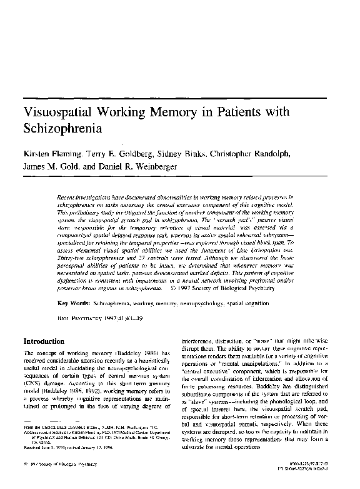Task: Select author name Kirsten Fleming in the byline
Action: click(x=50, y=154)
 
